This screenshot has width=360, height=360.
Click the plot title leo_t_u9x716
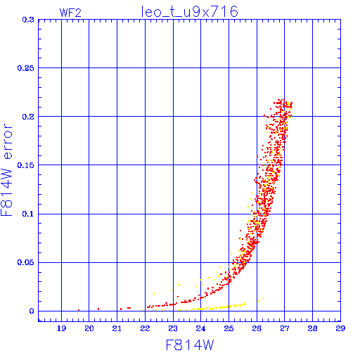189,12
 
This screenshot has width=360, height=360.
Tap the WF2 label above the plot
70,13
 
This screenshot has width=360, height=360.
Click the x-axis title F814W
190,345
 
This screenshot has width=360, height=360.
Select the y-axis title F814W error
6,169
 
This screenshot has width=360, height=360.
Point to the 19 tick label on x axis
61,328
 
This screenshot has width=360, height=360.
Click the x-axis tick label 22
145,328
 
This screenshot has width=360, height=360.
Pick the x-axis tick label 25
229,328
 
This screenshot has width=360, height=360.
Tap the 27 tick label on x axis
285,328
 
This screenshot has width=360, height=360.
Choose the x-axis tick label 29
340,328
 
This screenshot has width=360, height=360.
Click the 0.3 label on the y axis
28,20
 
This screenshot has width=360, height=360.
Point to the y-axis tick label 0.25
26,68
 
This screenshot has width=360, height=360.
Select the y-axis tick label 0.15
26,165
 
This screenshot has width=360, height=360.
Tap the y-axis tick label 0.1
28,214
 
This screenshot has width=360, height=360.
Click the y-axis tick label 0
32,311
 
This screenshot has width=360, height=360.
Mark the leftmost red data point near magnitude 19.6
79,310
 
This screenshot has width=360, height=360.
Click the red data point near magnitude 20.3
98,309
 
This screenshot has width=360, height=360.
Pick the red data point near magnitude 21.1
121,309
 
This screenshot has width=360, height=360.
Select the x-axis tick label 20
89,328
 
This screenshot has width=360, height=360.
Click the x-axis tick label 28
312,328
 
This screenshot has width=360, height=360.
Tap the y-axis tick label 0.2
28,117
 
